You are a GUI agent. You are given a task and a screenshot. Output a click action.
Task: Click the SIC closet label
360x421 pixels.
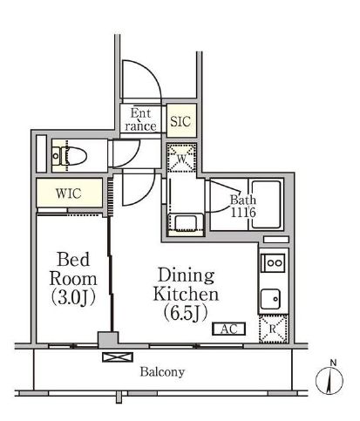180,121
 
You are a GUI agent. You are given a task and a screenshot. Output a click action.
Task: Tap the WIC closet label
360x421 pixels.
69,194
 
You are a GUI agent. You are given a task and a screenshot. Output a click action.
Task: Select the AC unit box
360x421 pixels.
229,329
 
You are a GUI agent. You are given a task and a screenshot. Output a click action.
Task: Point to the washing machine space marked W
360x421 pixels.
181,158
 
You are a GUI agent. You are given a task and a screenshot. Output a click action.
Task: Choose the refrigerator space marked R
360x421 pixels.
273,329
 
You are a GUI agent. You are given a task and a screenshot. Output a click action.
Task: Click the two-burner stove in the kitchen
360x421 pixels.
273,262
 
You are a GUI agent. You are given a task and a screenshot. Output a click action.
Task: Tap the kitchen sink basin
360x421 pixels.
270,299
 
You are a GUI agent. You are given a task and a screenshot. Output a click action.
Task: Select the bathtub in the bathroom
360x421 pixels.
266,204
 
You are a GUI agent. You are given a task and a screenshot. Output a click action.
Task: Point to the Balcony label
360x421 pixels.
162,372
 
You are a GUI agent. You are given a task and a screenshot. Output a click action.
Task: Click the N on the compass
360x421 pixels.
333,363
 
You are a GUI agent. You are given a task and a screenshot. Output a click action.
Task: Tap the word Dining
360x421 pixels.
186,275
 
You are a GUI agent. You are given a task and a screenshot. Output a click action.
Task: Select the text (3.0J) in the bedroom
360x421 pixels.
73,298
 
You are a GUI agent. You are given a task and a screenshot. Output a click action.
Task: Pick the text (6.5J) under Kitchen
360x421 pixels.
186,313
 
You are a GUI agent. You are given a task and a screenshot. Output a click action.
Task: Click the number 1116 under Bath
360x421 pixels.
243,213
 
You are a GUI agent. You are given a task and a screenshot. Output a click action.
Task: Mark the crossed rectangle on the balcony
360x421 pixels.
118,357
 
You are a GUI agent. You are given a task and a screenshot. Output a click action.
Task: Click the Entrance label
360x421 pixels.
141,119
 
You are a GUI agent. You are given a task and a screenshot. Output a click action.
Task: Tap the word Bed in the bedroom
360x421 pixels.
73,259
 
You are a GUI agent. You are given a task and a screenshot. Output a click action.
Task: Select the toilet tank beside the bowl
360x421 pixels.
57,156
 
